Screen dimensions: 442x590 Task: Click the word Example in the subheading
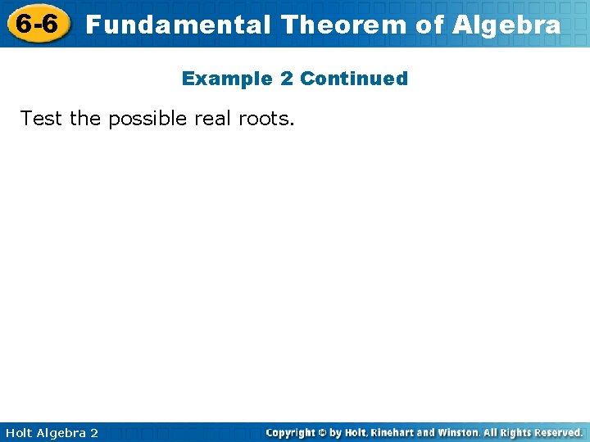pos(216,79)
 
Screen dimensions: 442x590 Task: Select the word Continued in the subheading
pos(354,79)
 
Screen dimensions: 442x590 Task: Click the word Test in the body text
pos(42,119)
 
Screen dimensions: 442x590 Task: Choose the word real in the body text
pos(213,119)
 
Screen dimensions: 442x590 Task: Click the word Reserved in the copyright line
pos(556,432)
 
